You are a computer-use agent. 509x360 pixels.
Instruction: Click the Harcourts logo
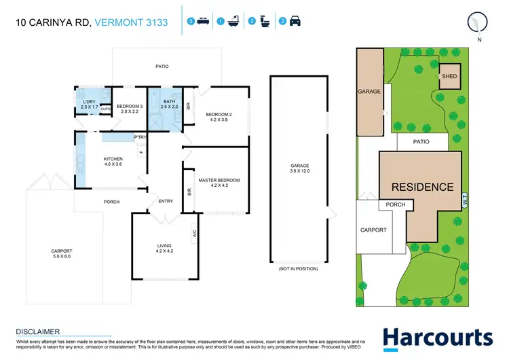pyautogui.click(x=437, y=338)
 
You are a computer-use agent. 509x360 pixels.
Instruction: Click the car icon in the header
pyautogui.click(x=295, y=22)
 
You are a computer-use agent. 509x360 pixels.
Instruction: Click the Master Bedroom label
pyautogui.click(x=219, y=183)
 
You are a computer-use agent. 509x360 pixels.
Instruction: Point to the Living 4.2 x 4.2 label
pyautogui.click(x=165, y=248)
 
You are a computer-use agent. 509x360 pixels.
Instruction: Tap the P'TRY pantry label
pyautogui.click(x=140, y=138)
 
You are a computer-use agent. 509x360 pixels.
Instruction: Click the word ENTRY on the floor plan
pyautogui.click(x=166, y=201)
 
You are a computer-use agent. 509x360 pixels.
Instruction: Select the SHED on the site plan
pyautogui.click(x=449, y=77)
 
